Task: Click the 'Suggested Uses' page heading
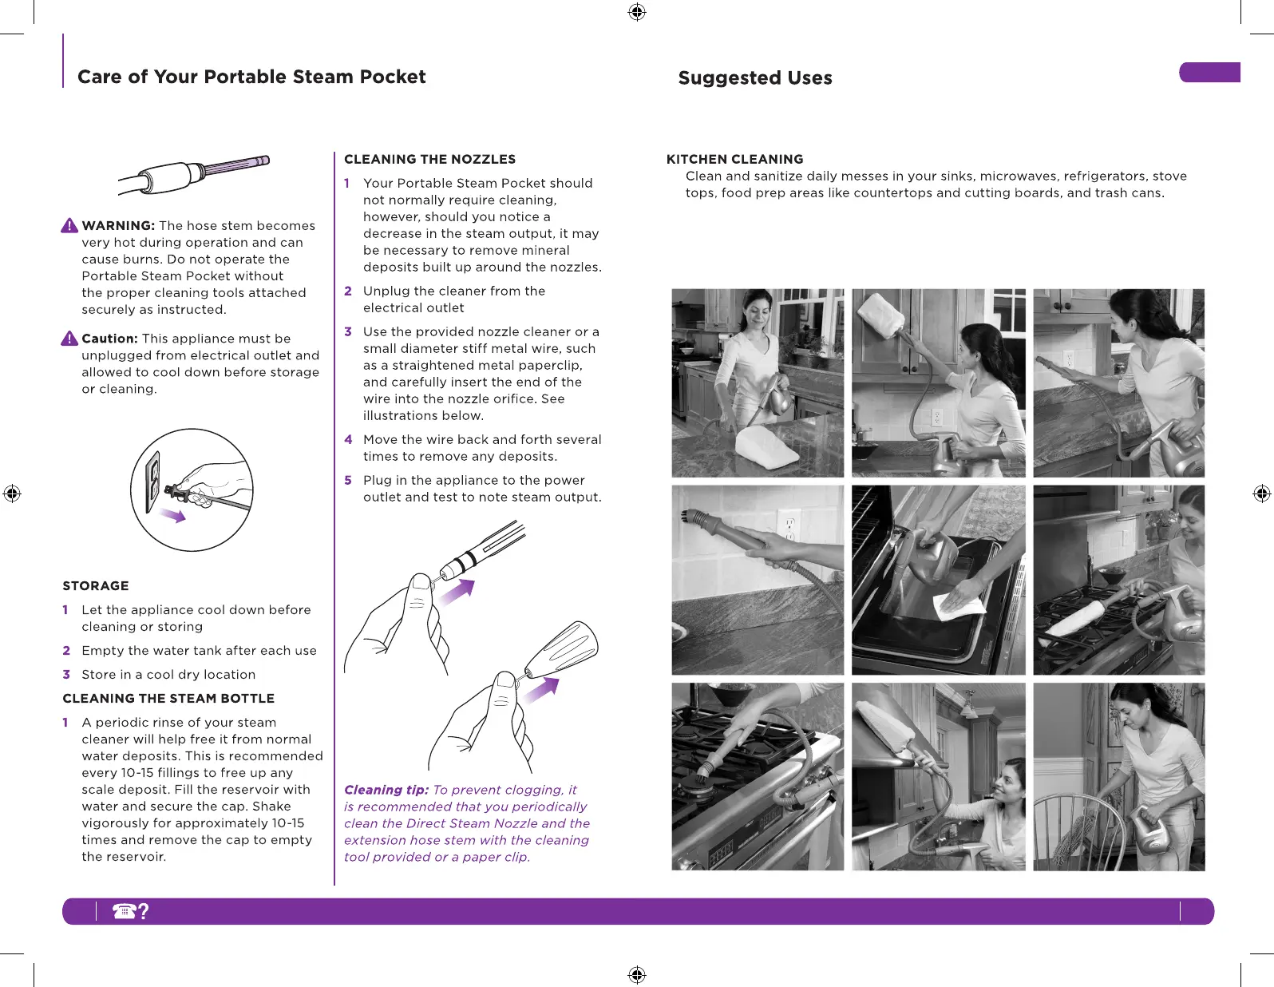point(754,78)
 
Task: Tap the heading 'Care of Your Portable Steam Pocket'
point(251,77)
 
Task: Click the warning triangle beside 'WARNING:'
point(69,226)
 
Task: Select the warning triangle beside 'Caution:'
point(69,339)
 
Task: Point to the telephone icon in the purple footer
point(125,911)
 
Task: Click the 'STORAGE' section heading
point(96,585)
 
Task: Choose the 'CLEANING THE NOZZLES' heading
point(429,159)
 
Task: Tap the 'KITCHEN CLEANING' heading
point(734,159)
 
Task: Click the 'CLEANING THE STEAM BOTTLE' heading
point(168,698)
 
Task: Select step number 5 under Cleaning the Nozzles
point(348,480)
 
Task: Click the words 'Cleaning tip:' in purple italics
point(386,790)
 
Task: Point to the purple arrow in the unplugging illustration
point(173,515)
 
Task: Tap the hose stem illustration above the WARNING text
point(194,173)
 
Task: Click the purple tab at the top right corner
point(1209,72)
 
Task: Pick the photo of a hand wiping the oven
point(938,580)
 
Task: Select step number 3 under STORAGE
point(66,674)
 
